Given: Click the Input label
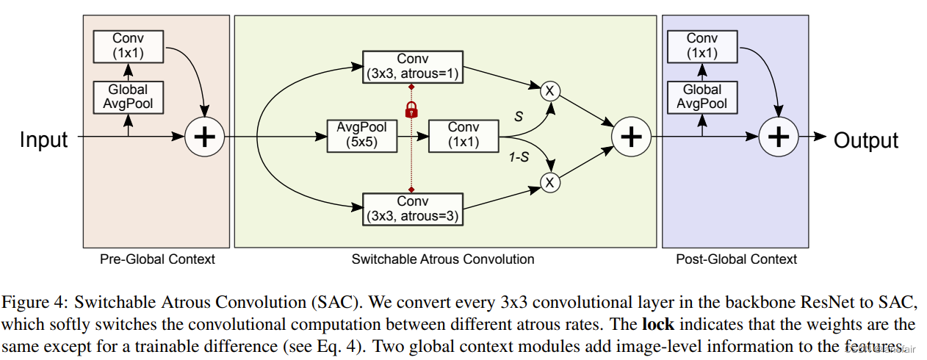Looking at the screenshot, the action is [x=43, y=140].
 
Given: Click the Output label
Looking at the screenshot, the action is [x=866, y=140].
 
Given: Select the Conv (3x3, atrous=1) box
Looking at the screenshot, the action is [x=413, y=67].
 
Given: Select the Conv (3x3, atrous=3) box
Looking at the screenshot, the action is [x=413, y=209].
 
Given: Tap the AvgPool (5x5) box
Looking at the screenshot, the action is [x=362, y=136].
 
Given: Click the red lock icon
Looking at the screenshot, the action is [x=411, y=110].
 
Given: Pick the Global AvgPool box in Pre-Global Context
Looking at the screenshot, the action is [x=129, y=97].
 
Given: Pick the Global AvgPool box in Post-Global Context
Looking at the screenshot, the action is [x=702, y=97].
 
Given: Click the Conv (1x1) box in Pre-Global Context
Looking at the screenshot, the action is [x=129, y=46].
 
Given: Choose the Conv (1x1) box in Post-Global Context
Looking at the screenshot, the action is [x=702, y=46].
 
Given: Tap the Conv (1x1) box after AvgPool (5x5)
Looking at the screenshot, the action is [x=463, y=136].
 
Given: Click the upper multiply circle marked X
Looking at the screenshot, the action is [x=550, y=91].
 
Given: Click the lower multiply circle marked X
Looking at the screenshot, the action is [x=550, y=182].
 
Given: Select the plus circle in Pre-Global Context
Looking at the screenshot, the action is [x=204, y=137].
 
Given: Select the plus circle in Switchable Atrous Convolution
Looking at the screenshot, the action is [x=631, y=137].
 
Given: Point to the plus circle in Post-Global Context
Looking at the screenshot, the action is [x=779, y=137].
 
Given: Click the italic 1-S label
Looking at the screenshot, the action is [x=519, y=157].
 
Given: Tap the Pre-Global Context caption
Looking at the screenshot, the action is [x=157, y=259].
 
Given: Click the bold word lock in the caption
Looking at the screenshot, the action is [x=658, y=324].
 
